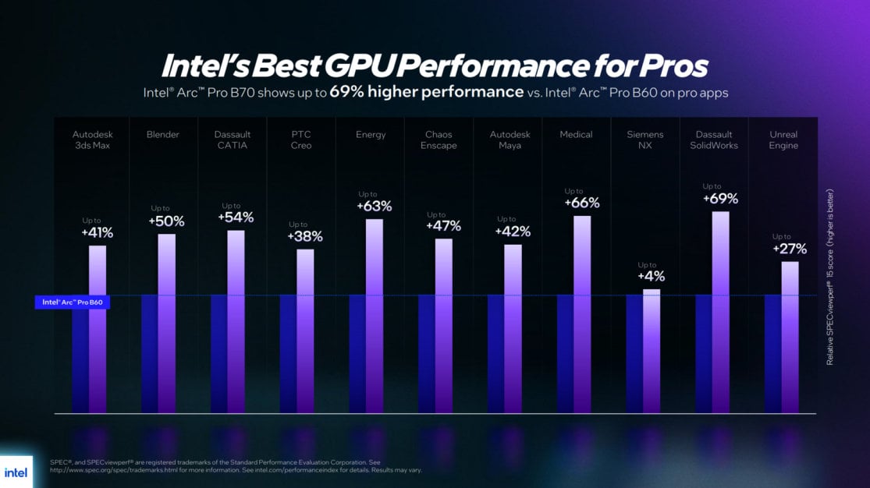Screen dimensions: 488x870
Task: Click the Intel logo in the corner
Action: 16,472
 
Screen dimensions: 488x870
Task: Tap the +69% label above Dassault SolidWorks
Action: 720,199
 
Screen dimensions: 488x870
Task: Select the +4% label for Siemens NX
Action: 651,277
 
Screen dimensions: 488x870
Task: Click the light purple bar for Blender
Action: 167,324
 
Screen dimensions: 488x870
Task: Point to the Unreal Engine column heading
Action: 783,140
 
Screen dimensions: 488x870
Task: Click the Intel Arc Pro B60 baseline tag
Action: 72,302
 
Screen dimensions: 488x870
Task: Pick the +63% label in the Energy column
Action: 374,207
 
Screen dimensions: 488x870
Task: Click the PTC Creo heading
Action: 301,140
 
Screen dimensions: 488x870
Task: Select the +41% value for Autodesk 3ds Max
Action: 97,232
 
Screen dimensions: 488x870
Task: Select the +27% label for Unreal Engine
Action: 789,249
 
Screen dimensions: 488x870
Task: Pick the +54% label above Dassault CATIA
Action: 236,217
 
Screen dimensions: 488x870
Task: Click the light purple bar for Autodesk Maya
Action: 513,328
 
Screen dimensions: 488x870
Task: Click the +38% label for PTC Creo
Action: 304,236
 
